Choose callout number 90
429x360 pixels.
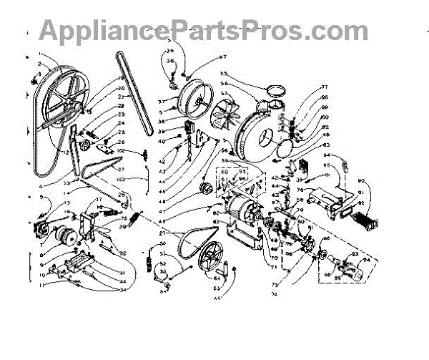(x=360, y=180)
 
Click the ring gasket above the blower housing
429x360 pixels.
(x=274, y=90)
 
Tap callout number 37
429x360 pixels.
(x=162, y=102)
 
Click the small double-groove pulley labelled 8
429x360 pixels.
(x=69, y=237)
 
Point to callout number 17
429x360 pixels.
(x=99, y=199)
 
